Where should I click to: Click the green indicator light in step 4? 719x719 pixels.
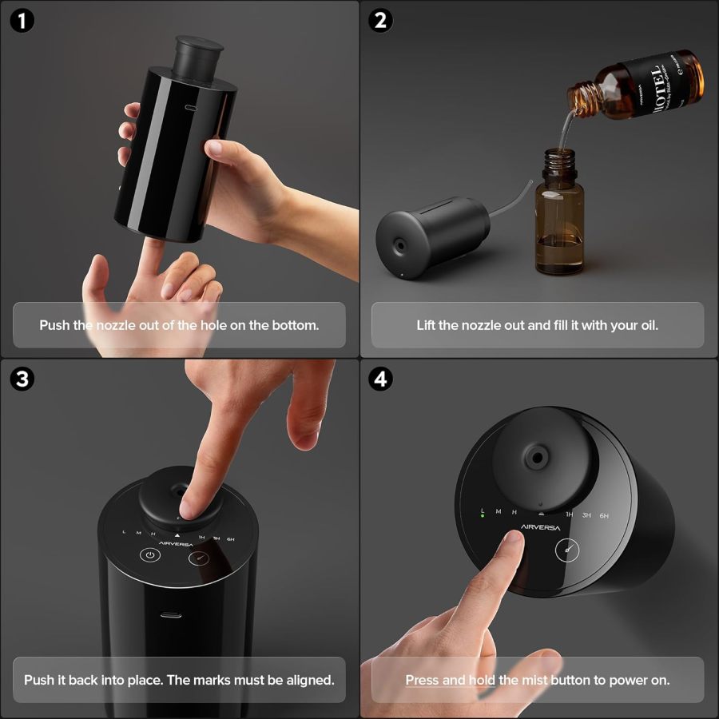483,516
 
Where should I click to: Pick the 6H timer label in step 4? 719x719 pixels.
605,515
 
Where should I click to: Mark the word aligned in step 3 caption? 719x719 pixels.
305,681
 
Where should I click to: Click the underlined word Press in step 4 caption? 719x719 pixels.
423,681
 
